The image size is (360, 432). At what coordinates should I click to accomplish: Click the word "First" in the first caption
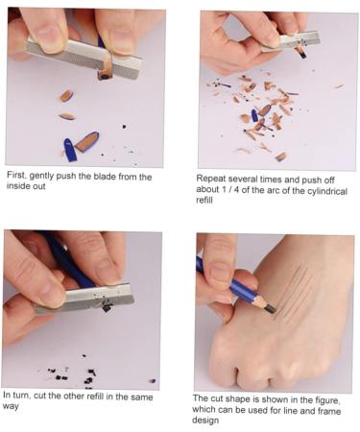point(16,175)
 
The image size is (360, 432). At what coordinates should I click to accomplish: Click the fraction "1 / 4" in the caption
point(229,189)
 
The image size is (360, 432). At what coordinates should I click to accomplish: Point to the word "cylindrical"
point(327,191)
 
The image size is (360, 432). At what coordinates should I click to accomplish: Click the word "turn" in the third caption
point(21,396)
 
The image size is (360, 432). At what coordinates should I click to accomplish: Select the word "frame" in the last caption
point(328,411)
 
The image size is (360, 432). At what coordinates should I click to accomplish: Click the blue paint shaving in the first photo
point(70,150)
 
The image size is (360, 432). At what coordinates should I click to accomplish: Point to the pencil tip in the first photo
point(105,75)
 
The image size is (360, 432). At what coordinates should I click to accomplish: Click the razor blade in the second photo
point(290,41)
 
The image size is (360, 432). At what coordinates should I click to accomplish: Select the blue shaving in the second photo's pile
point(254,115)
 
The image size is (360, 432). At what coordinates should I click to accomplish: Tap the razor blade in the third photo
point(84,299)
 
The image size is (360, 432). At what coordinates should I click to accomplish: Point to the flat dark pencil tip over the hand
point(270,308)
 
